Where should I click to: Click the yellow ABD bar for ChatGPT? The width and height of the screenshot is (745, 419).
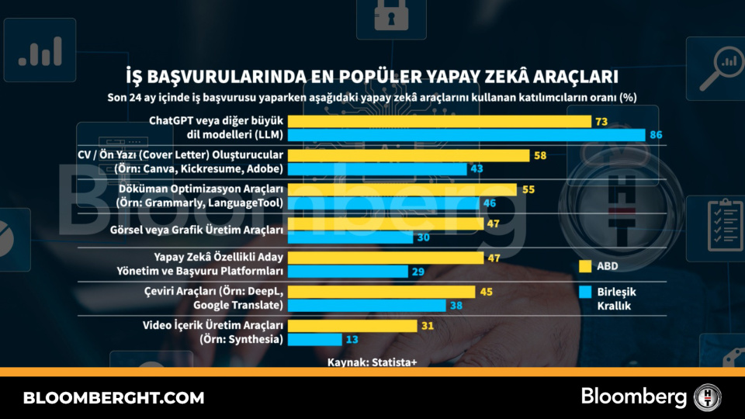439,122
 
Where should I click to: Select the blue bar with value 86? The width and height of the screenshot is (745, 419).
466,135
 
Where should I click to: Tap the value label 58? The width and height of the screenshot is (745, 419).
540,156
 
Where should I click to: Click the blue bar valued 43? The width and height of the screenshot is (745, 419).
377,169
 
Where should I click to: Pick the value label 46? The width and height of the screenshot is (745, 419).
490,203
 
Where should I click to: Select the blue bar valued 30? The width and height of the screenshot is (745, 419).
350,237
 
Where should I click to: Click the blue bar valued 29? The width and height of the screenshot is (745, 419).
348,272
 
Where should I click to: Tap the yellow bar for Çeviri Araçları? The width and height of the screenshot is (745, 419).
381,292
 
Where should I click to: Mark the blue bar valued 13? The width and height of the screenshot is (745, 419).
314,339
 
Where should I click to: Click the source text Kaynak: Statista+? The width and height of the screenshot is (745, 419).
372,362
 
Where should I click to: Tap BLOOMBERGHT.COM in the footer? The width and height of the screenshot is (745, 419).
113,398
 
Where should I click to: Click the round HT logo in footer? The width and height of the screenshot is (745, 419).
708,397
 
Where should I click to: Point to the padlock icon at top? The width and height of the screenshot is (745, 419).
390,16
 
